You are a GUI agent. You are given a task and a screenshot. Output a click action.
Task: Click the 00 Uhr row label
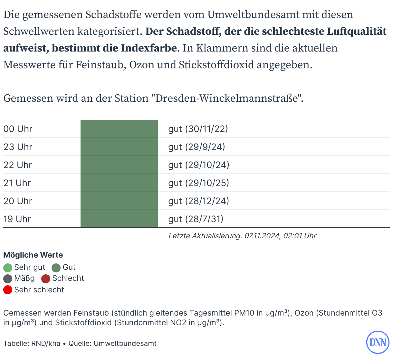[x=18, y=129]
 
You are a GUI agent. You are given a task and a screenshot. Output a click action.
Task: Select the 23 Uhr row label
[x=18, y=147]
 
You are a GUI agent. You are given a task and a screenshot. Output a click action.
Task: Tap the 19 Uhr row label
[x=17, y=219]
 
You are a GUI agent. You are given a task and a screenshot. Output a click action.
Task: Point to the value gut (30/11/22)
[x=198, y=129]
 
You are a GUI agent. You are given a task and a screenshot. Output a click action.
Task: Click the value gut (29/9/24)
[x=196, y=147]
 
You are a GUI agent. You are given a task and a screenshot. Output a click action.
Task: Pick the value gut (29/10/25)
[x=198, y=183]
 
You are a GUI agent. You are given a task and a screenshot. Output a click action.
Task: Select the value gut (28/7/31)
[x=196, y=219]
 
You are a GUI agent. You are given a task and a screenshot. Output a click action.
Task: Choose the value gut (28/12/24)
[x=198, y=201]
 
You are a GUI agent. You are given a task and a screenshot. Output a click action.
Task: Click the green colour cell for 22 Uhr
[x=119, y=165]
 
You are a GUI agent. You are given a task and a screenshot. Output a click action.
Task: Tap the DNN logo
[x=378, y=342]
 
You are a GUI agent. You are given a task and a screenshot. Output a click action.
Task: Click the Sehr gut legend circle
[x=8, y=268]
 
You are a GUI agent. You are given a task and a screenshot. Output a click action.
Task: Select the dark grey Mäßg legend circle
[x=8, y=279]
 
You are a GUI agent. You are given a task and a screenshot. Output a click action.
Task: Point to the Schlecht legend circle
[x=46, y=279]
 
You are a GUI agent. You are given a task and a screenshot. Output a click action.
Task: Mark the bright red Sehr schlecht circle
[x=8, y=290]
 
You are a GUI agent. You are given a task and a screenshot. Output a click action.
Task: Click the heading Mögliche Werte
[x=33, y=255]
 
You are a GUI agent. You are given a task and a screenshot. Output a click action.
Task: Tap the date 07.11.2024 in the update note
[x=262, y=236]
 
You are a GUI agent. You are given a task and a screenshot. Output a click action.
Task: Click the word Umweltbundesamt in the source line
[x=125, y=343]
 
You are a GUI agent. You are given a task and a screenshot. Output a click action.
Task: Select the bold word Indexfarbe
[x=149, y=48]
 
